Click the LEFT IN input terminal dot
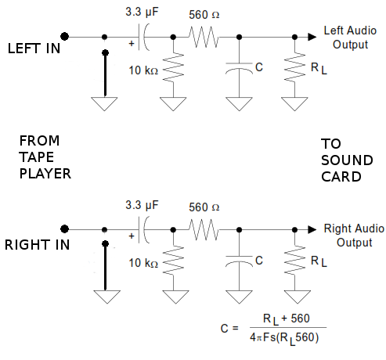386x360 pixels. tap(64, 37)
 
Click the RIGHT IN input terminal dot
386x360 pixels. tap(64, 229)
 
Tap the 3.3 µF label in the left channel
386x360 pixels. tap(142, 12)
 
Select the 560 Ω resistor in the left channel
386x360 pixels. tap(204, 37)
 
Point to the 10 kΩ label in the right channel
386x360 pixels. tap(143, 263)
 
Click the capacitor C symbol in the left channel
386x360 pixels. tap(239, 68)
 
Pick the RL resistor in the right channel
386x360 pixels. tap(294, 260)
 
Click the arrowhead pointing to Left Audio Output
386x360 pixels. tap(312, 37)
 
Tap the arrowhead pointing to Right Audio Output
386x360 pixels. tap(312, 229)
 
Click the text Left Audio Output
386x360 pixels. tap(350, 38)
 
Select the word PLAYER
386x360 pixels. tap(45, 174)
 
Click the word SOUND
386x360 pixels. tap(347, 160)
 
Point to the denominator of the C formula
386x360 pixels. tap(284, 338)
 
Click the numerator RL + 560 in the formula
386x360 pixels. tap(287, 319)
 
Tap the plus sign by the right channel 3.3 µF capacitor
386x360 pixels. tap(132, 236)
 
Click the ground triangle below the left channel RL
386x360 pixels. tap(294, 104)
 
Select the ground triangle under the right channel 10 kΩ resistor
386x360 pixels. tap(175, 297)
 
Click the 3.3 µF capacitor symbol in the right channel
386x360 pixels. tap(144, 229)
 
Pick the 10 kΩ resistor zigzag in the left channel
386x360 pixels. tap(173, 67)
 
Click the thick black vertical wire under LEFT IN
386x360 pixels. tap(105, 74)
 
